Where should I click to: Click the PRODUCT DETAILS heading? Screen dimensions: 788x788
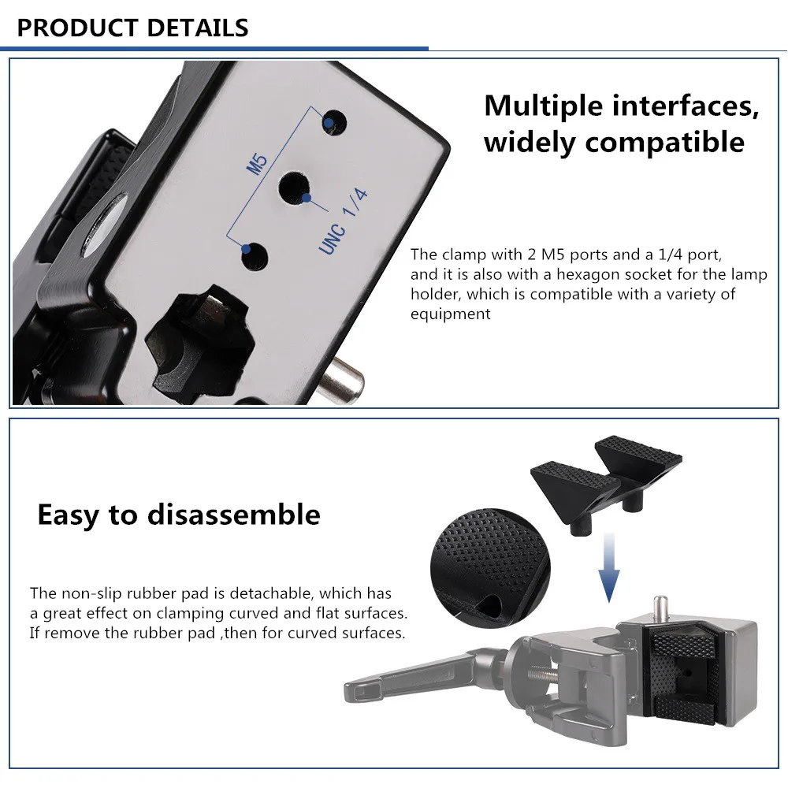(132, 28)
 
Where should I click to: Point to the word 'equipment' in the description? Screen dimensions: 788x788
(450, 314)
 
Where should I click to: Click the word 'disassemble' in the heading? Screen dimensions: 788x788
(233, 515)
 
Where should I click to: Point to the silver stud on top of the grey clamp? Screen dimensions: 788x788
(659, 607)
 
